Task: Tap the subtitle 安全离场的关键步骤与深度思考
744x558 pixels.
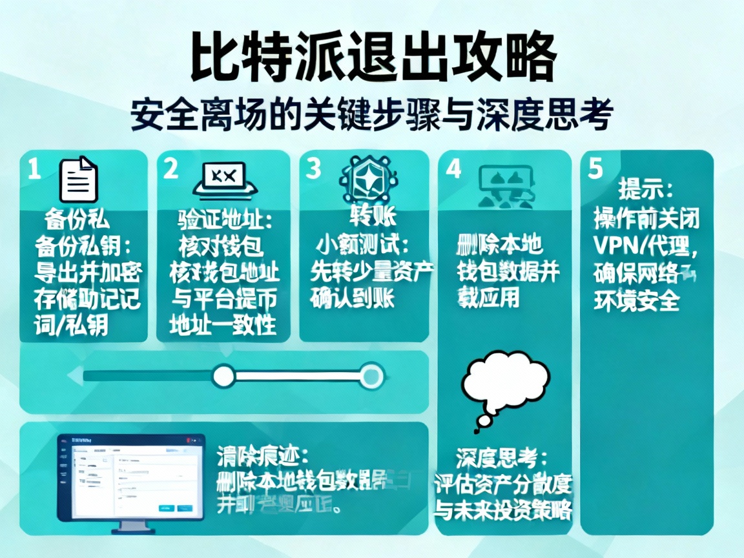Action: click(x=371, y=115)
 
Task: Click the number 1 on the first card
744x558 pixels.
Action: click(x=34, y=169)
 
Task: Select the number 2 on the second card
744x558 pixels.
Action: click(x=170, y=169)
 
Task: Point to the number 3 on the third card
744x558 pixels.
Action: click(x=313, y=169)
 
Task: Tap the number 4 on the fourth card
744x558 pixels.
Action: click(x=454, y=169)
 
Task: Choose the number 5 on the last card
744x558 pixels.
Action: click(x=595, y=169)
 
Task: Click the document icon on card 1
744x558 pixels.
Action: click(x=78, y=180)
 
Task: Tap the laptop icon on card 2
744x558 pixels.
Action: click(x=225, y=178)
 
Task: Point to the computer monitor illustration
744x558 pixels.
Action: click(x=130, y=477)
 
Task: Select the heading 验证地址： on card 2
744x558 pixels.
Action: click(x=225, y=220)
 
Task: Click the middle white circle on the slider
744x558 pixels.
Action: click(x=223, y=375)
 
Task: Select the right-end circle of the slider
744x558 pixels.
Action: click(x=371, y=375)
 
